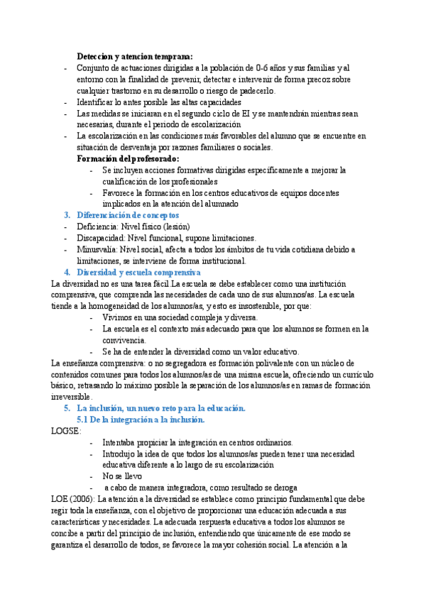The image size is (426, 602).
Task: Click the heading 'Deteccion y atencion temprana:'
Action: (134, 57)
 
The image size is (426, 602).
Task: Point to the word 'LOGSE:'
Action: (67, 431)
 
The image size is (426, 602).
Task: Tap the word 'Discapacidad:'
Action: (102, 238)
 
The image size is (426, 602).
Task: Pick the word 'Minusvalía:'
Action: (97, 249)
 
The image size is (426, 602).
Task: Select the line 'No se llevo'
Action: (122, 476)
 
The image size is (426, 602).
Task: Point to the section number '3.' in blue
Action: (67, 215)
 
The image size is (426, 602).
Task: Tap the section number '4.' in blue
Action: (67, 272)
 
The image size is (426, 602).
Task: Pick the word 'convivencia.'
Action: (125, 340)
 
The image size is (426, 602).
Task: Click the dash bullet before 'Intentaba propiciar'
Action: (94, 442)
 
